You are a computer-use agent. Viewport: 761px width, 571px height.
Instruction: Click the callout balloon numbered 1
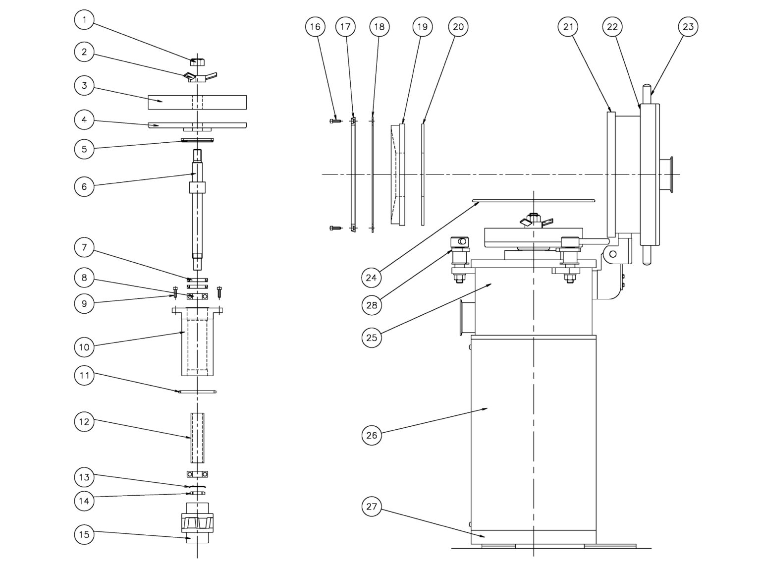(x=84, y=20)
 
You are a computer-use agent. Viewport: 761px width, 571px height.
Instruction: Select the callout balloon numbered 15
(x=84, y=534)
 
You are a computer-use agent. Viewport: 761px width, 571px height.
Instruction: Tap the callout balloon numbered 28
(x=372, y=305)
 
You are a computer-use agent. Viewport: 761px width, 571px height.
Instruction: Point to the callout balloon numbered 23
(x=688, y=26)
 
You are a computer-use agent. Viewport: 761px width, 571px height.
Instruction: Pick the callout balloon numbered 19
(x=422, y=26)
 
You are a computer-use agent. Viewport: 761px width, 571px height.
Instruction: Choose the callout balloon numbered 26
(x=372, y=435)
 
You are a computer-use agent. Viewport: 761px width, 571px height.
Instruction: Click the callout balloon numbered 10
(x=84, y=346)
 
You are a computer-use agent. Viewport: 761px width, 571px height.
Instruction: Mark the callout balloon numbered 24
(x=372, y=277)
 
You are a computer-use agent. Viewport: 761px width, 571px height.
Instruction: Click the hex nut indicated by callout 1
(x=197, y=61)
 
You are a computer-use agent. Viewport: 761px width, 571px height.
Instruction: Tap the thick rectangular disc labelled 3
(x=197, y=102)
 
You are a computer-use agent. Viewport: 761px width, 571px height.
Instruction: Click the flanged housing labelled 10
(x=197, y=342)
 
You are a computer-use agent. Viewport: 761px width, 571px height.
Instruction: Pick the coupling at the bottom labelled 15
(x=197, y=523)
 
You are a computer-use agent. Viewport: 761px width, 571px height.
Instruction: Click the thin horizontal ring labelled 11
(x=197, y=392)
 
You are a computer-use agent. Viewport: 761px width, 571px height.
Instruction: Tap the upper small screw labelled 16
(x=335, y=120)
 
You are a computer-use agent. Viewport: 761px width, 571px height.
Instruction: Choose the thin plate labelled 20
(x=423, y=173)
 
